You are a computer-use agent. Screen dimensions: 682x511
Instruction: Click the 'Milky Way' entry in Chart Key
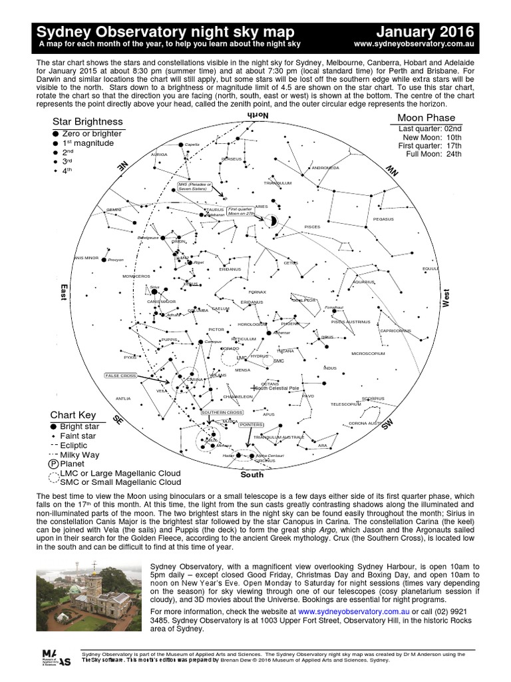coord(80,454)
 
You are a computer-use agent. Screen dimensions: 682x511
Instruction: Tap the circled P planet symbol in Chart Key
coord(53,464)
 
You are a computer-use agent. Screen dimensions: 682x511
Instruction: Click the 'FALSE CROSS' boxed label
coord(120,376)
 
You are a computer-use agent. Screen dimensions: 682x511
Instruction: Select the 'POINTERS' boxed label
coord(252,424)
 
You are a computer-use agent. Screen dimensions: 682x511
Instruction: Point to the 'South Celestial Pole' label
coord(277,388)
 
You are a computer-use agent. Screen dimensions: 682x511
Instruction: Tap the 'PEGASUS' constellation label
coord(383,218)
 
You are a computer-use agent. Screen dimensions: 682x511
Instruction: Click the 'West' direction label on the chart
coord(446,297)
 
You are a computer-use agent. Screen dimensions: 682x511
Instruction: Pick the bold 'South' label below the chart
coord(252,475)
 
